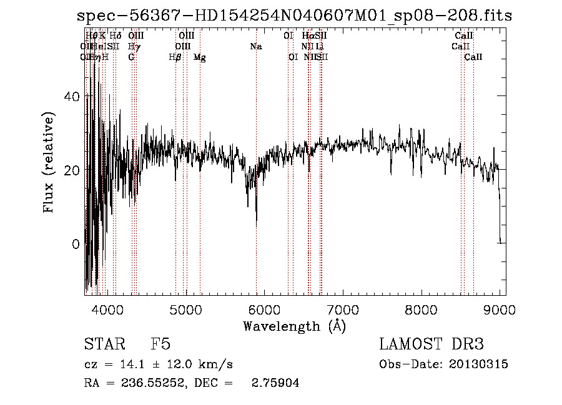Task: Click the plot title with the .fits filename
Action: [294, 16]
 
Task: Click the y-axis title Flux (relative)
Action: [49, 162]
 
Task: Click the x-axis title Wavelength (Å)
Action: [294, 326]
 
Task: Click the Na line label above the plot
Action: [256, 47]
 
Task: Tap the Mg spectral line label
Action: [200, 57]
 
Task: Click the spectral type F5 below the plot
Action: [160, 344]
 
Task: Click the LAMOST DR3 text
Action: [431, 344]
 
